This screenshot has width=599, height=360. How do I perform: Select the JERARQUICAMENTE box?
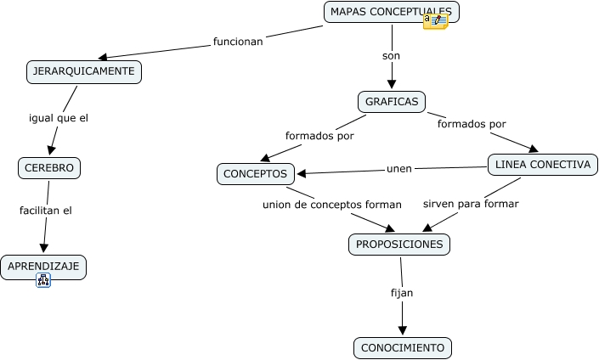point(83,72)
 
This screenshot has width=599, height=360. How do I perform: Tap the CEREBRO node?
point(49,168)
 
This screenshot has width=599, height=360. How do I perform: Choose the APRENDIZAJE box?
point(42,267)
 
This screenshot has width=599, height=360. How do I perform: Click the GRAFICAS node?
point(392,102)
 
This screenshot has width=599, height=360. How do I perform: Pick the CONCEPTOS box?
point(255,174)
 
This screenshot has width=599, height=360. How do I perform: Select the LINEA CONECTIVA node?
point(541,165)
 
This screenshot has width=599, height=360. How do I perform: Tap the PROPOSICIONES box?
point(399,245)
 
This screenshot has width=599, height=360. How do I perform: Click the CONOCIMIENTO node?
point(403,348)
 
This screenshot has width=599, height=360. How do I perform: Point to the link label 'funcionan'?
point(238,41)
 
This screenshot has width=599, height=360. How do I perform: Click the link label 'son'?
point(392,56)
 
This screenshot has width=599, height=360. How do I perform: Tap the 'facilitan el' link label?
point(46,210)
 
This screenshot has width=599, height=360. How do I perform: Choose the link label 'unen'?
point(399,168)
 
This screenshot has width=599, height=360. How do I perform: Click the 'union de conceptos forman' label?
point(331,204)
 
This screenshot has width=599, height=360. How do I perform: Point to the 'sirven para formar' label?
point(471,204)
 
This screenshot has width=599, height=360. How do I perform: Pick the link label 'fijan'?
point(402,292)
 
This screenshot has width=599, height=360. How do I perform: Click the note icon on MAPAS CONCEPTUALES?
point(435,22)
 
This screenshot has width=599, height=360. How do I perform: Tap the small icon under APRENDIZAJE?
point(43,280)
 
